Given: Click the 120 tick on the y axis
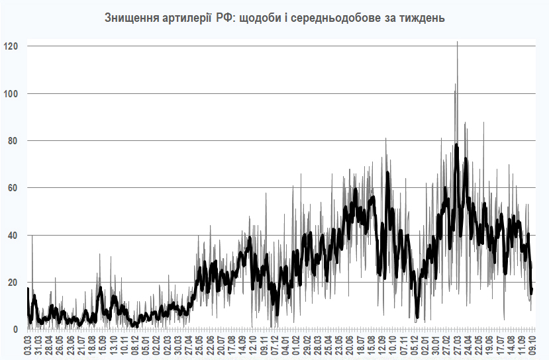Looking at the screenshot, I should click(x=11, y=46).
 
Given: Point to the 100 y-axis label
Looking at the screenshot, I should click(x=11, y=93).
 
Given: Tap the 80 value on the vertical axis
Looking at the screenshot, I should click(x=13, y=141).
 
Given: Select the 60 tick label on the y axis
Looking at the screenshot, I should click(x=13, y=188).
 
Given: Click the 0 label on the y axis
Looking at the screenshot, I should click(x=16, y=330).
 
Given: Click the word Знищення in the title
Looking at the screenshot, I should click(x=130, y=18).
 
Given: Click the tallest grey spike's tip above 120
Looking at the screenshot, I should click(x=457, y=42).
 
